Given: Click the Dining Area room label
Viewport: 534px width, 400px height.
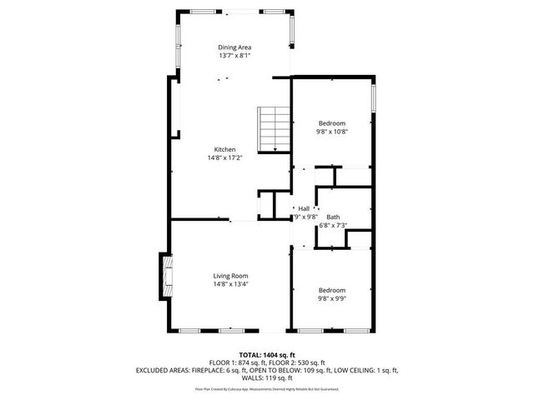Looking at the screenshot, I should tap(235, 47).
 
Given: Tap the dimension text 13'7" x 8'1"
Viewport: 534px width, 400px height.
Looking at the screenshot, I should tap(235, 56).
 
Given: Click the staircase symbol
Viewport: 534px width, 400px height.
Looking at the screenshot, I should tap(271, 129).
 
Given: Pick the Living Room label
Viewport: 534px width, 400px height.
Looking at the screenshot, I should tap(230, 276).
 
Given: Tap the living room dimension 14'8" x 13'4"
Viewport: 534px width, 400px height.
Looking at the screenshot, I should tap(230, 284).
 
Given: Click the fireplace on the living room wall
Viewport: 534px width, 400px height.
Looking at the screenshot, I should tap(165, 277).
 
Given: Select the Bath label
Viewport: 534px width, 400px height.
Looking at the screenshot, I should tap(333, 217).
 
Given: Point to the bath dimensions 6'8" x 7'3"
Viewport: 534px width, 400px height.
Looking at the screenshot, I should tap(333, 225).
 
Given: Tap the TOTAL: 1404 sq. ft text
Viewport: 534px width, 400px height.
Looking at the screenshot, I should tap(267, 355).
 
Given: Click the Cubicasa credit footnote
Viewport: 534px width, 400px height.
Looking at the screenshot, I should tap(267, 389).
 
